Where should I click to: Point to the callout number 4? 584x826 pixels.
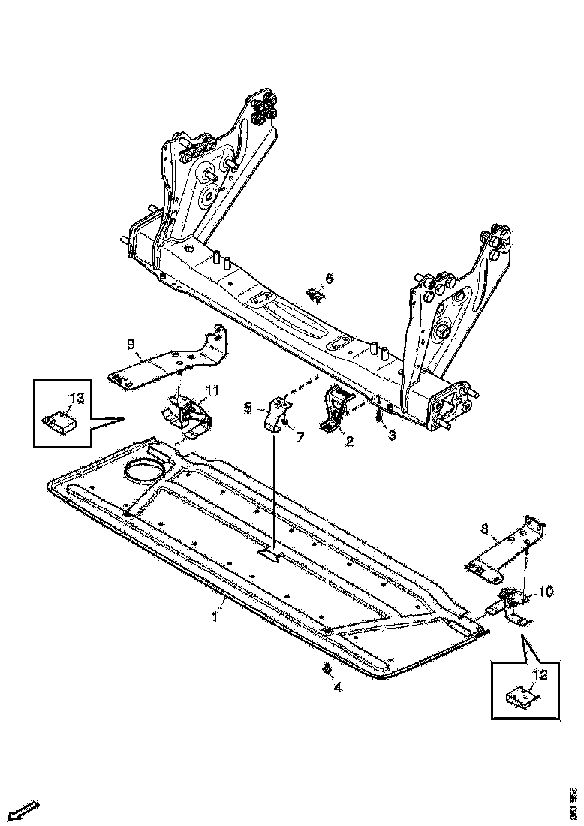[337, 687]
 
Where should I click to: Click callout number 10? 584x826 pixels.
[545, 592]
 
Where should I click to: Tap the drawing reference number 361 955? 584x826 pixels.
[573, 802]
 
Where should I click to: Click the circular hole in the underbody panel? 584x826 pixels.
[143, 472]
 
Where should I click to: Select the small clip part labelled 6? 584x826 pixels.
[316, 296]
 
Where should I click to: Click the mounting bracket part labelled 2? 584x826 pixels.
[336, 409]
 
